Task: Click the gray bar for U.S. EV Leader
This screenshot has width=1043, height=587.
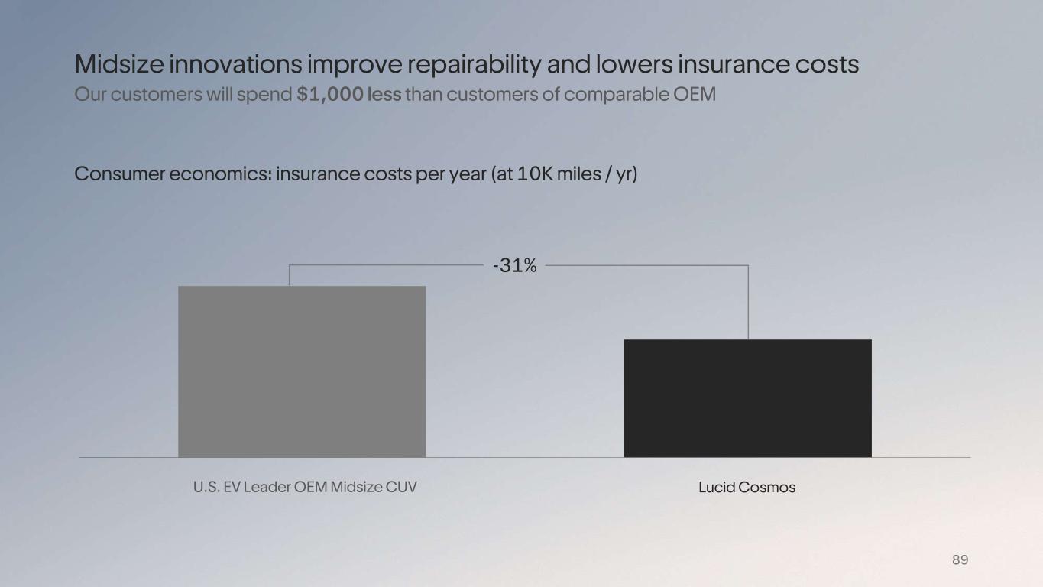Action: [x=302, y=371]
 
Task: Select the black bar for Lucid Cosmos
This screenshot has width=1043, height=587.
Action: [x=747, y=398]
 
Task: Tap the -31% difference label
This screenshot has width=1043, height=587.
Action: [x=515, y=266]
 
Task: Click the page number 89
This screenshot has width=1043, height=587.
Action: [x=960, y=560]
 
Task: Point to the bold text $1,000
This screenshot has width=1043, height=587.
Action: [x=329, y=96]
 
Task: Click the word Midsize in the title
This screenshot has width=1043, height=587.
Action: [x=118, y=64]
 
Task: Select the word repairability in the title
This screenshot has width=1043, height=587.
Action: [x=474, y=64]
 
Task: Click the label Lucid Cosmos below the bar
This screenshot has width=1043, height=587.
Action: [x=747, y=488]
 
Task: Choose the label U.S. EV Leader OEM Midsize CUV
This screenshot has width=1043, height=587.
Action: [x=305, y=487]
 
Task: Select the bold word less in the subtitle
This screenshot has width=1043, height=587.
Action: [x=384, y=96]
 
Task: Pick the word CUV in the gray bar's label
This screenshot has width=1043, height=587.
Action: [x=402, y=487]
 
